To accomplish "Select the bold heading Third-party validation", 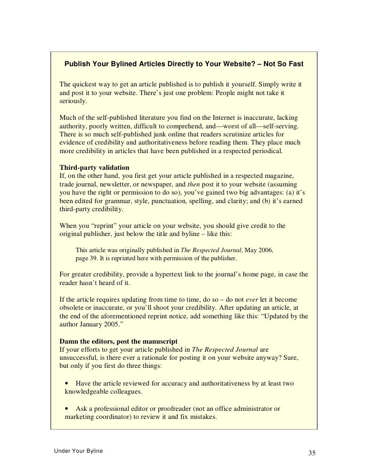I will (x=95, y=167).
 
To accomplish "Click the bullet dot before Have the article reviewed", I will (x=67, y=384).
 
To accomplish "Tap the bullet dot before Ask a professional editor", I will (x=67, y=408).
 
